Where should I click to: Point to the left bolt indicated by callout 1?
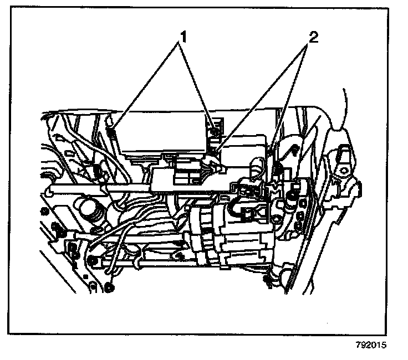click(x=111, y=132)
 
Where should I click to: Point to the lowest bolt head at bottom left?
click(x=109, y=287)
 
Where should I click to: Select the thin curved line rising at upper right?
click(x=345, y=105)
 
